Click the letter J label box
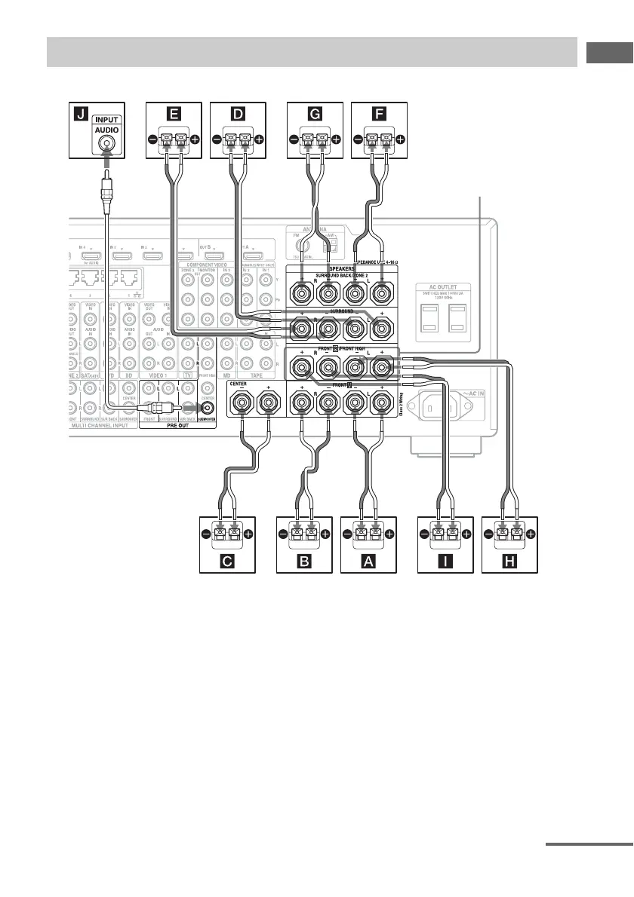click(77, 115)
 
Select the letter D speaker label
click(238, 115)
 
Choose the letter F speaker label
click(380, 115)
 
